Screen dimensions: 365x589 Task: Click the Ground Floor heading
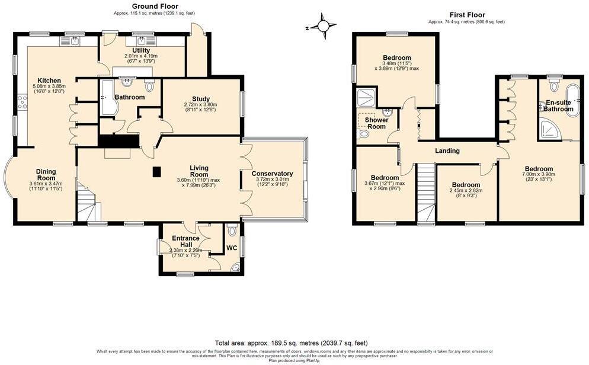(x=140, y=6)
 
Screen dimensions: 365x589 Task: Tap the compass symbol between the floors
(x=324, y=26)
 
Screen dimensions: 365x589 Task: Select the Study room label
(x=201, y=99)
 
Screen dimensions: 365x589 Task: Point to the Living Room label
(x=199, y=171)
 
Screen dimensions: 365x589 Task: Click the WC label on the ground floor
(x=231, y=248)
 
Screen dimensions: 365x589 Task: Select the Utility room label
(x=141, y=50)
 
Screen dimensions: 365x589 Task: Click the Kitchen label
(x=49, y=81)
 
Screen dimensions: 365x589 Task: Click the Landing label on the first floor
(x=447, y=151)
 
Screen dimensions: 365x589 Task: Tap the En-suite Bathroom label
(x=558, y=106)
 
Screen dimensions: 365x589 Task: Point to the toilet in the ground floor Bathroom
(x=149, y=87)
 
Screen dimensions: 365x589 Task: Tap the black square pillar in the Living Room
(x=156, y=172)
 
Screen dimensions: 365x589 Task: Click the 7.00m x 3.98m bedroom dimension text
(x=538, y=174)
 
